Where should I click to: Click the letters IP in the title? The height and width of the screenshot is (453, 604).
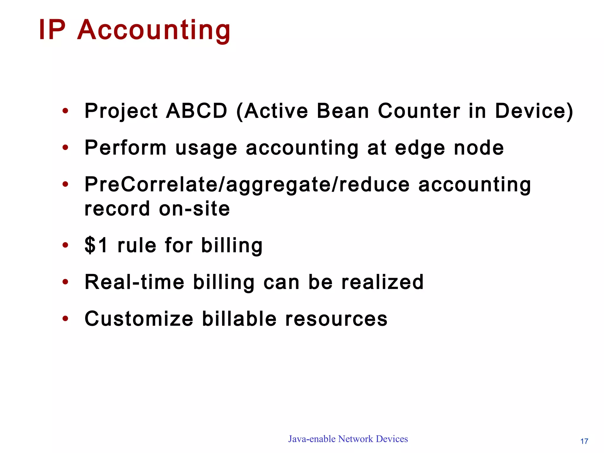(52, 30)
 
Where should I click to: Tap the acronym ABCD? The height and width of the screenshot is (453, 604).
(196, 111)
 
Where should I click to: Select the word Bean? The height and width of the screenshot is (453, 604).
(343, 111)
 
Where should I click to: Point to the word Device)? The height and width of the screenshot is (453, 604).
(534, 111)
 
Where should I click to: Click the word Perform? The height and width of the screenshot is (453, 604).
(125, 148)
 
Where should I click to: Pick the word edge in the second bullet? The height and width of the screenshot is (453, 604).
(420, 148)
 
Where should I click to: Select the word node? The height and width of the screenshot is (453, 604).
(479, 148)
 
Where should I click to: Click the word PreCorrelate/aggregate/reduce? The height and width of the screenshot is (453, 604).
(247, 185)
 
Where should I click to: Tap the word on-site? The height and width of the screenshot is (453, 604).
(194, 209)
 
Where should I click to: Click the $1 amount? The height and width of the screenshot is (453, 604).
(96, 245)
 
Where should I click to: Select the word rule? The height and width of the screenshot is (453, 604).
(137, 245)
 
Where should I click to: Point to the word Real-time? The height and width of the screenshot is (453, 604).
(134, 282)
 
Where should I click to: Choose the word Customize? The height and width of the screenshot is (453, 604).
(139, 319)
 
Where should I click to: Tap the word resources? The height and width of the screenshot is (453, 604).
(336, 319)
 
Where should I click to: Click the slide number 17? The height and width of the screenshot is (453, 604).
(584, 441)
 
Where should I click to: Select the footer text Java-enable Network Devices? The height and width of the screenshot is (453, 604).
(348, 439)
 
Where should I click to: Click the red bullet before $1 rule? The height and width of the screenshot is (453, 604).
(65, 245)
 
